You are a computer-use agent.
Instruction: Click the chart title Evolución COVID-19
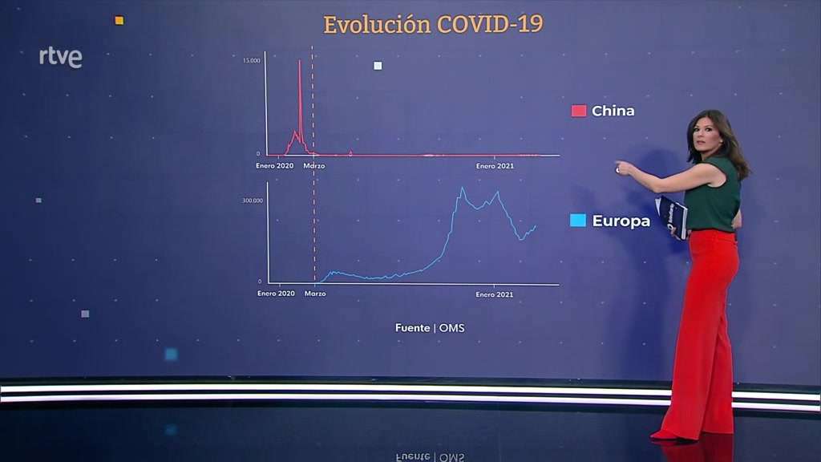[x=433, y=25]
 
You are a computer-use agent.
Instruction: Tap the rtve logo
[x=61, y=57]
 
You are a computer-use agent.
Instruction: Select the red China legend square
[x=579, y=111]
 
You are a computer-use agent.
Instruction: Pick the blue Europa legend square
[x=578, y=221]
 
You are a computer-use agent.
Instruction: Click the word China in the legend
[x=613, y=111]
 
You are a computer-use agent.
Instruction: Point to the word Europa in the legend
[x=621, y=221]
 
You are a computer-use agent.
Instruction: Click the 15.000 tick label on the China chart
[x=251, y=61]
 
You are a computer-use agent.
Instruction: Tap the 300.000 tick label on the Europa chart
[x=253, y=201]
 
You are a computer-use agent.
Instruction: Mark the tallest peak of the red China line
[x=300, y=61]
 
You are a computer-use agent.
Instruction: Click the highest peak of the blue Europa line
[x=462, y=188]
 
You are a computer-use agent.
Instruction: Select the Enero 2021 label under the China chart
[x=495, y=166]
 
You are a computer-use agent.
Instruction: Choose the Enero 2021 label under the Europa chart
[x=494, y=294]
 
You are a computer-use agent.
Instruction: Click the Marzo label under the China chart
[x=314, y=166]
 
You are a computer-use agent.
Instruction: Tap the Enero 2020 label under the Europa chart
[x=276, y=294]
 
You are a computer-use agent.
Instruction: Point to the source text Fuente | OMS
[x=430, y=328]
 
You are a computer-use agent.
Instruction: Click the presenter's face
[x=704, y=138]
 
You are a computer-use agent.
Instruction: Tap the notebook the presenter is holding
[x=673, y=217]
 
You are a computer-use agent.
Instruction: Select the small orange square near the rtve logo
[x=119, y=20]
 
